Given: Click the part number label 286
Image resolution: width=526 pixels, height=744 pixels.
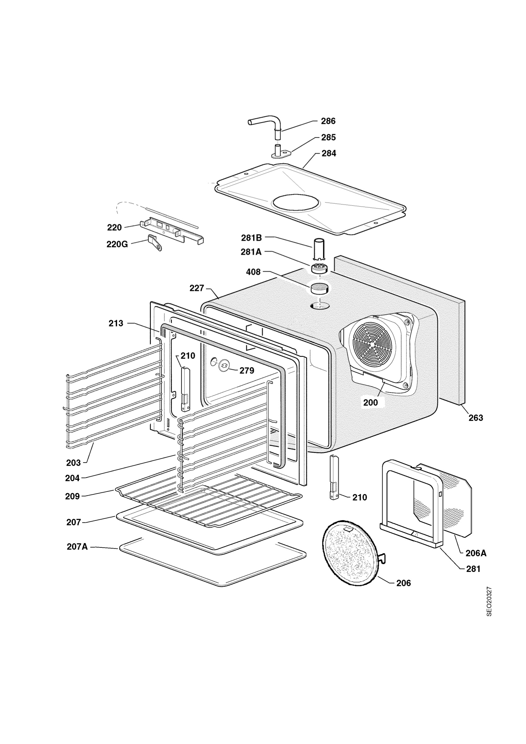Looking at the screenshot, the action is click(328, 121).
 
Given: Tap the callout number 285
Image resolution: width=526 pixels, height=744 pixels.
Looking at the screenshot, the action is click(329, 137).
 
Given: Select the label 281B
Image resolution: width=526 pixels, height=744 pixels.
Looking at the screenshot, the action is click(251, 238).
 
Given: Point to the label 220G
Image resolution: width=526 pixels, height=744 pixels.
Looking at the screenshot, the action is click(117, 244).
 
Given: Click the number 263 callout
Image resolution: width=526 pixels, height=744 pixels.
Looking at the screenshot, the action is click(476, 418).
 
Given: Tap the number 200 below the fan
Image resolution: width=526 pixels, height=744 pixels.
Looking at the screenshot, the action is click(370, 402).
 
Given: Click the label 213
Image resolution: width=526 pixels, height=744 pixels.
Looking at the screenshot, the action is click(116, 323).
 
